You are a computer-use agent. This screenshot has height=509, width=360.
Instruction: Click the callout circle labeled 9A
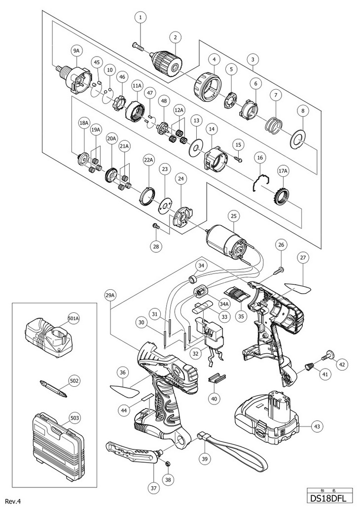click(x=76, y=50)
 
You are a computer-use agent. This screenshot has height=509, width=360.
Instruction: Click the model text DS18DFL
click(x=330, y=497)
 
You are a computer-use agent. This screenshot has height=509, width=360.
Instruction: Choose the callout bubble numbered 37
click(x=154, y=487)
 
